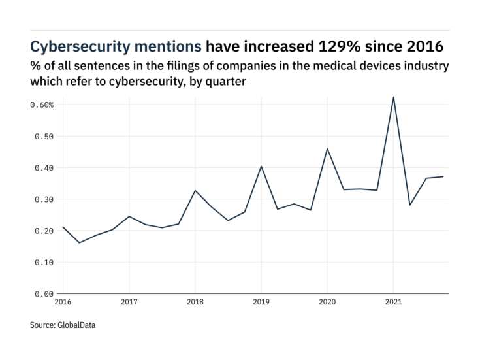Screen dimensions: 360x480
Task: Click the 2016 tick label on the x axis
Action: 63,303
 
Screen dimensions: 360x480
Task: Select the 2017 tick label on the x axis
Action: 129,303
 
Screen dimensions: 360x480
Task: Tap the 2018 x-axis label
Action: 195,303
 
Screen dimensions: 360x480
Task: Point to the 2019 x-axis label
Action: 261,303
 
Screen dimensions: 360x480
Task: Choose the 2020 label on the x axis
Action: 327,303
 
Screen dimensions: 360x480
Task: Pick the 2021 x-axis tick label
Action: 393,303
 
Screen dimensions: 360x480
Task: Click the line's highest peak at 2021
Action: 393,97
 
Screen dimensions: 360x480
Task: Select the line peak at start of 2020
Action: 327,148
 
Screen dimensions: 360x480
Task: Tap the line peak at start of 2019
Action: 261,166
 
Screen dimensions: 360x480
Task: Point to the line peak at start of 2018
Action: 195,190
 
